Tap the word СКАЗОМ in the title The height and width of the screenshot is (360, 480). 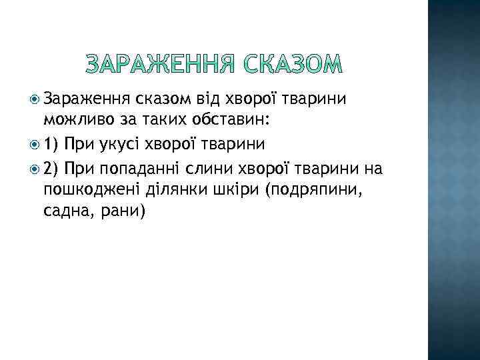pos(291,64)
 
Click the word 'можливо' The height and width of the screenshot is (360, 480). pos(72,120)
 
